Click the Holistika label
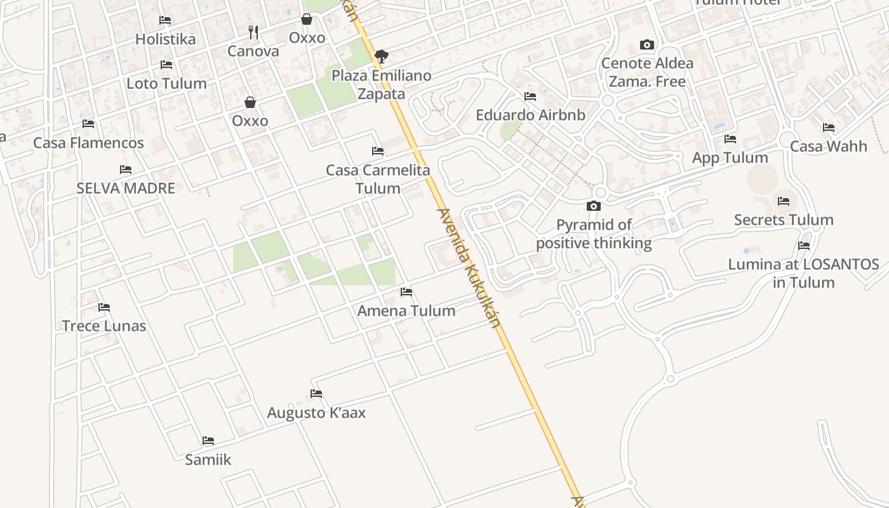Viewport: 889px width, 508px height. [x=165, y=39]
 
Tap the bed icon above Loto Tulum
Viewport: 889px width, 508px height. [x=166, y=65]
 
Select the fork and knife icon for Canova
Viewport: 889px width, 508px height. [x=253, y=32]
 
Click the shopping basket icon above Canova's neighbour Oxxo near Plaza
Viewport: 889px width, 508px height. [x=307, y=19]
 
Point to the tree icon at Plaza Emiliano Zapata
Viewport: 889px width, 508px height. [x=381, y=57]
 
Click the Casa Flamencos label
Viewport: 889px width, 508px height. [x=88, y=143]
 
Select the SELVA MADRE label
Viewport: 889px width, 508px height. [x=126, y=188]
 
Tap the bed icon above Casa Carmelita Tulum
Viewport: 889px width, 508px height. [x=378, y=151]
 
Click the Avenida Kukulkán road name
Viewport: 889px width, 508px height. [x=469, y=267]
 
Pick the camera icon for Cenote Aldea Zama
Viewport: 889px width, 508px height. [x=647, y=44]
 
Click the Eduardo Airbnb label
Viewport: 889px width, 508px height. [x=530, y=116]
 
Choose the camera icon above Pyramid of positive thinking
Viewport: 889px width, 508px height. [x=594, y=206]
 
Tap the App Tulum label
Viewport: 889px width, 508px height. [x=730, y=157]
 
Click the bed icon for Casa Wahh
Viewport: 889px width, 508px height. [x=829, y=128]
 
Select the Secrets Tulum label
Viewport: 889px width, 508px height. [x=784, y=220]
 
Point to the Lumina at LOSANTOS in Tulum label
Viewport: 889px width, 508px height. [x=803, y=273]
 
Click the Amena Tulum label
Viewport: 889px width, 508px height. [x=406, y=311]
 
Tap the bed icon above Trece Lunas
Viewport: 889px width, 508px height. [x=104, y=307]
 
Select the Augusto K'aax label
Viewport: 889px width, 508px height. [x=316, y=413]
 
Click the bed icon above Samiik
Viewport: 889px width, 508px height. [x=208, y=441]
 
